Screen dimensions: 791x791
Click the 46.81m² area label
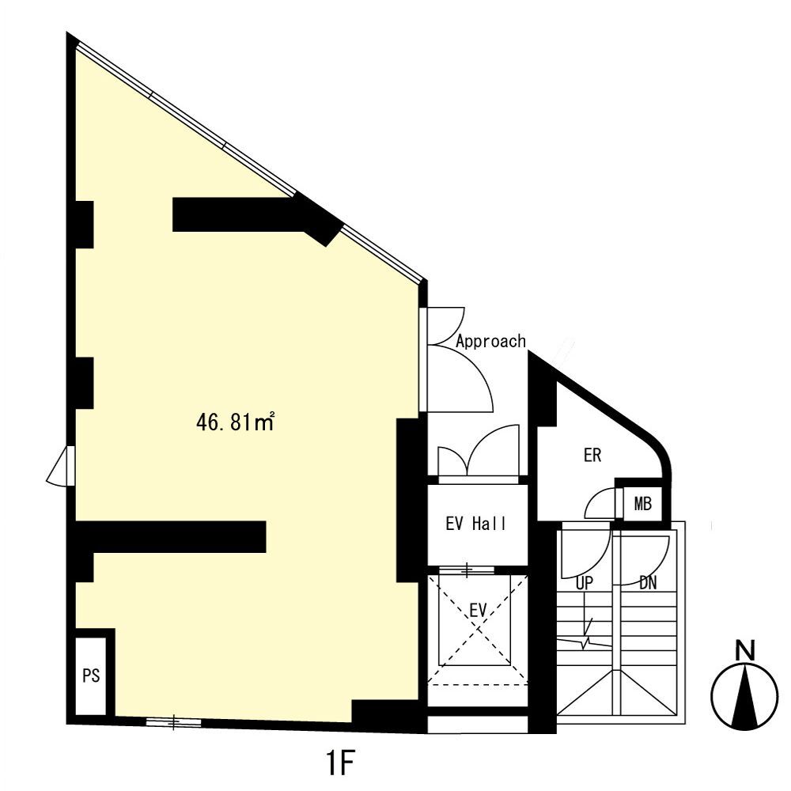(x=235, y=423)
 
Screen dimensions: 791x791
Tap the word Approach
(x=490, y=341)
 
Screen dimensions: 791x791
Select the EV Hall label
(x=475, y=524)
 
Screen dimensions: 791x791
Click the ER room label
(x=592, y=456)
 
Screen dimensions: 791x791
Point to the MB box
(x=643, y=503)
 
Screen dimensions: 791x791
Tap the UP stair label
(x=585, y=583)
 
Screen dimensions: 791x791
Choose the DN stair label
(x=648, y=583)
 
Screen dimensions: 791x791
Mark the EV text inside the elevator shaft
(x=477, y=610)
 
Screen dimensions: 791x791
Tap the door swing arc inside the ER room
(x=600, y=504)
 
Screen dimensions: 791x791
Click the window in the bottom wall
(x=173, y=721)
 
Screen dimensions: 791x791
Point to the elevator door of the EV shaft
(x=467, y=570)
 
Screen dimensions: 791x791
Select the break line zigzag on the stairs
(x=585, y=642)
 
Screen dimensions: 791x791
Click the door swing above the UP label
(x=578, y=554)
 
